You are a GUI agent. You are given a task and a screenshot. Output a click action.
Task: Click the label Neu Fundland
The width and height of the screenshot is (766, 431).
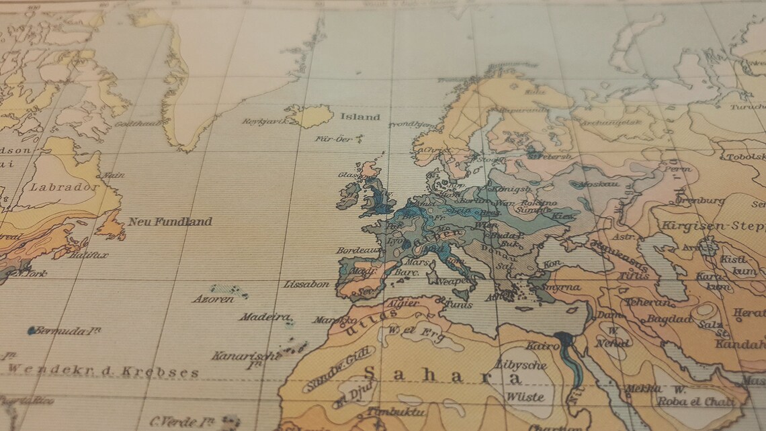click(170, 222)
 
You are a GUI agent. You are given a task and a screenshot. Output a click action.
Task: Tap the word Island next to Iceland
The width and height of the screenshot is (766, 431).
click(359, 117)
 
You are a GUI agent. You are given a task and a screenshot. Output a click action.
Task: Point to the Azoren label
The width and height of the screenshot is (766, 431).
click(213, 299)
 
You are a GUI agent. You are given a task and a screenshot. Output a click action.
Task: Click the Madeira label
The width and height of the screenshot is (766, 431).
click(265, 317)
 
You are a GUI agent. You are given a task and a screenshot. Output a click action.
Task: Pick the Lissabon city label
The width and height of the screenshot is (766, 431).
click(306, 284)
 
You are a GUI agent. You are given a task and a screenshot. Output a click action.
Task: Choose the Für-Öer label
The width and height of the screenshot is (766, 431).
click(334, 139)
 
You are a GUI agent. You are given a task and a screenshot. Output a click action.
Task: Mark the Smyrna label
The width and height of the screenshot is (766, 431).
click(562, 287)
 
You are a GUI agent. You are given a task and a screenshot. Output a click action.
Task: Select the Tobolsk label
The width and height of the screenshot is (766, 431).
click(744, 158)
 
